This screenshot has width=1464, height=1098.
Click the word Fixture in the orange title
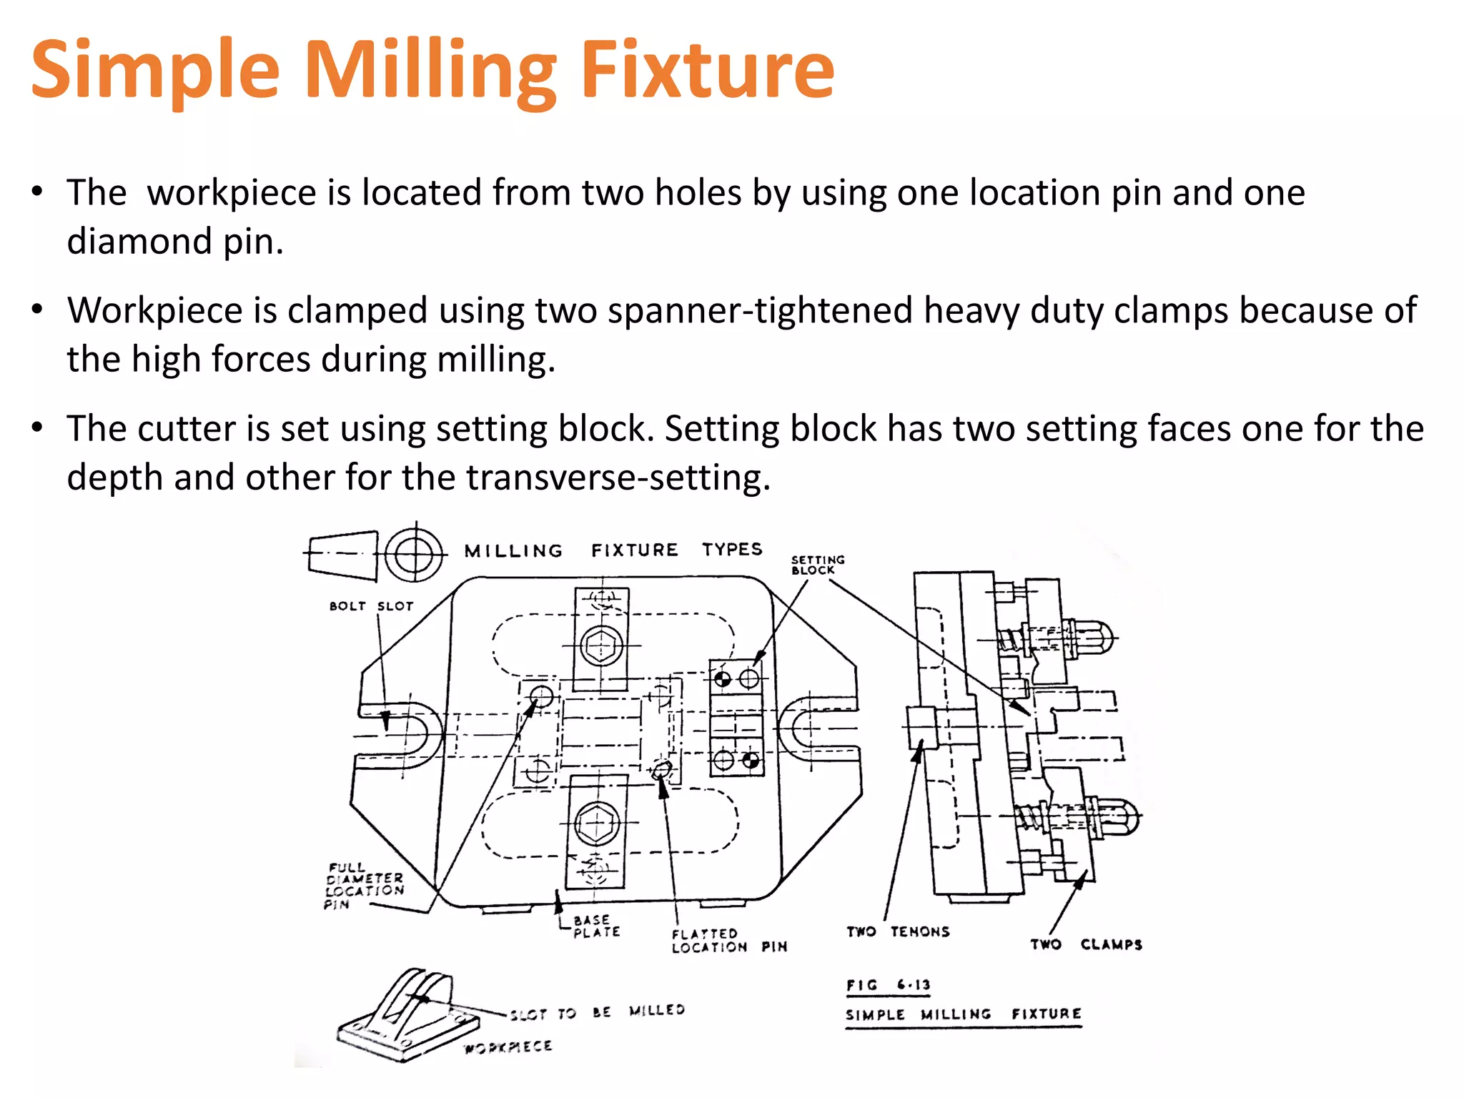pyautogui.click(x=706, y=70)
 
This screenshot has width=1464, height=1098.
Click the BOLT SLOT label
pyautogui.click(x=371, y=606)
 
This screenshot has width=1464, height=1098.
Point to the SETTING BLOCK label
pyautogui.click(x=817, y=565)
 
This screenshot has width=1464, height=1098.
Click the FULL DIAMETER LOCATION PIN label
pyautogui.click(x=364, y=885)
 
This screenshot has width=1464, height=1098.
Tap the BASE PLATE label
pyautogui.click(x=596, y=926)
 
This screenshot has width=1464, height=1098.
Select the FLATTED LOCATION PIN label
pyautogui.click(x=728, y=940)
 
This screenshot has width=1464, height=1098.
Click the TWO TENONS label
pyautogui.click(x=898, y=931)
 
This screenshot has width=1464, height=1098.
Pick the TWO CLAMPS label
pyautogui.click(x=1085, y=944)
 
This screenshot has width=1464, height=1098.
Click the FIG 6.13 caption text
pyautogui.click(x=888, y=985)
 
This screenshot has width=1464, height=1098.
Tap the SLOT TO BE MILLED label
pyautogui.click(x=597, y=1012)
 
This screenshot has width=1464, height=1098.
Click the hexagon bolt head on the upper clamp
pyautogui.click(x=602, y=646)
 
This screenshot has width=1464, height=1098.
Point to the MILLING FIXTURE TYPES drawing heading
pyautogui.click(x=613, y=550)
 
